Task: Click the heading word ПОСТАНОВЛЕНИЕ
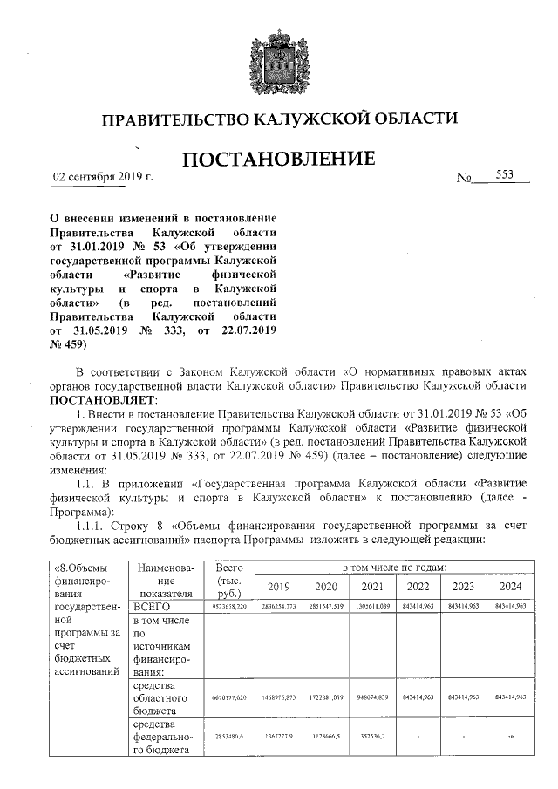coord(279,160)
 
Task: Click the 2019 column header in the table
coord(281,586)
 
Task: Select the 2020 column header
coord(326,586)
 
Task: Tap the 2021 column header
coord(371,586)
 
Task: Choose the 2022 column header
coord(418,586)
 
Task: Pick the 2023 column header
coord(464,586)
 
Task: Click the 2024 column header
coord(509,586)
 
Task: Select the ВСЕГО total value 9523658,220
coord(230,606)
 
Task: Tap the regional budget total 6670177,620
coord(230,697)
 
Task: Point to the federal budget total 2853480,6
coord(230,738)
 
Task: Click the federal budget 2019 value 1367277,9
coord(281,738)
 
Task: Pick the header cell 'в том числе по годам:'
coord(395,568)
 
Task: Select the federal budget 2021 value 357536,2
coord(371,738)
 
